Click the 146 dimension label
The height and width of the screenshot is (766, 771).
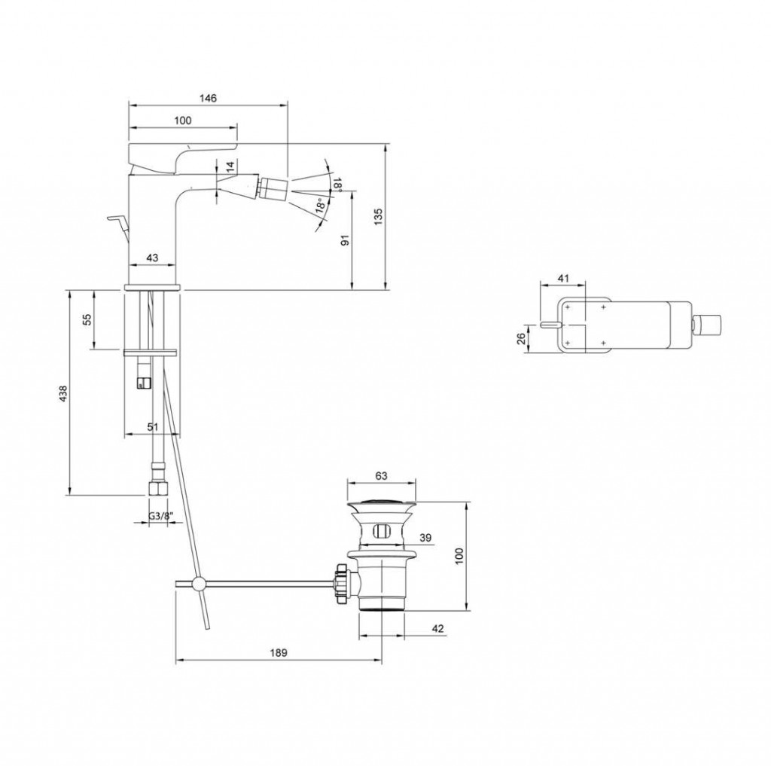[x=208, y=98]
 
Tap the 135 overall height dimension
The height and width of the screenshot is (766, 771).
[x=378, y=217]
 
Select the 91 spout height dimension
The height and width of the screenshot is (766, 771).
[x=345, y=240]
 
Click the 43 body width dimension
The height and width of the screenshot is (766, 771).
[x=152, y=258]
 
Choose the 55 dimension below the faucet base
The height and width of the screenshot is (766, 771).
[x=87, y=320]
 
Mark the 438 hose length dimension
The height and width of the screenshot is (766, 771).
[x=63, y=394]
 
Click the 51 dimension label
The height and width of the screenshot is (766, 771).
[x=153, y=426]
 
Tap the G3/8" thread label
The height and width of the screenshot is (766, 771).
[x=160, y=516]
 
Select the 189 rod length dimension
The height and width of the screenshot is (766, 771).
[x=279, y=652]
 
